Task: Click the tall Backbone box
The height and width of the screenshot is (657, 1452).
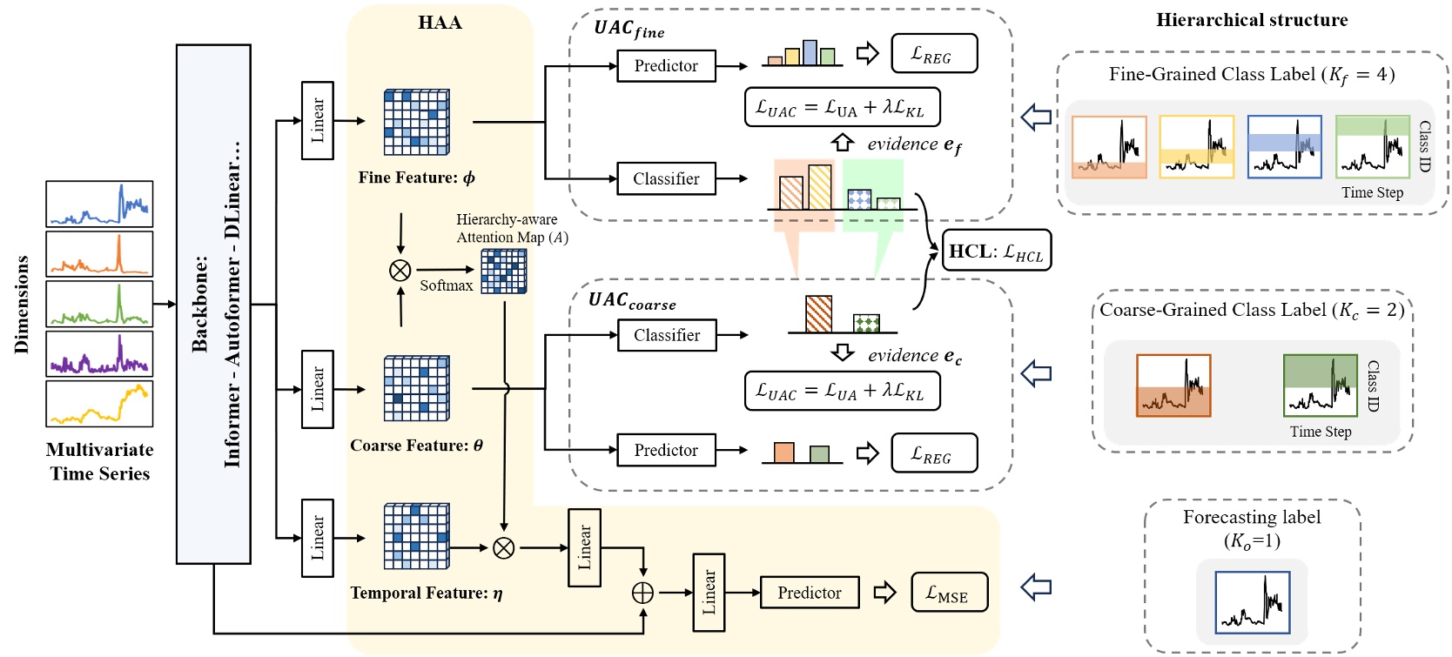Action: coord(213,305)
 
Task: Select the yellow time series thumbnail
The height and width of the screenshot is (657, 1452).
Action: coord(99,404)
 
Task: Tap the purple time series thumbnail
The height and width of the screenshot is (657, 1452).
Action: coord(99,353)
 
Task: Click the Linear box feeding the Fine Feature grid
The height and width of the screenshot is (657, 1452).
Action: coord(317,121)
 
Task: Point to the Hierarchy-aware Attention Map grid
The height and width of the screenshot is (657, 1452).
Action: coord(504,272)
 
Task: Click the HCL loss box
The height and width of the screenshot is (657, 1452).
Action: coord(997,251)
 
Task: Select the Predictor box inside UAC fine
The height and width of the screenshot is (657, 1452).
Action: coord(666,66)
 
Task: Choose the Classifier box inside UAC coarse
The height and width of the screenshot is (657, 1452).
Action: coord(667,335)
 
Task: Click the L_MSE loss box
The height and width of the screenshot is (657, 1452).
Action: coord(949,593)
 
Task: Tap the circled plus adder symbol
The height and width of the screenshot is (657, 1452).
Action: coord(642,593)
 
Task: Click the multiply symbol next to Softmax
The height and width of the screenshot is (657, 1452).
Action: coord(400,271)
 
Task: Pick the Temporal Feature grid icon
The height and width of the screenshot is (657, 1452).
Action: coord(417,536)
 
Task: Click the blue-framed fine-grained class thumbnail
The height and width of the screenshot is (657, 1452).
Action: coord(1284,147)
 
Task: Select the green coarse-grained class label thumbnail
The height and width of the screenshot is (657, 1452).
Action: coord(1320,385)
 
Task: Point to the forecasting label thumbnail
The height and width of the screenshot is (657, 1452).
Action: coord(1252,602)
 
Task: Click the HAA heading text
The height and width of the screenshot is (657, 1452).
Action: coord(440,23)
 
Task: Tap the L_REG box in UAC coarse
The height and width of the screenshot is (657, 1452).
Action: coord(934,453)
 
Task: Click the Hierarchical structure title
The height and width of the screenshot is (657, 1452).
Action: coord(1252,20)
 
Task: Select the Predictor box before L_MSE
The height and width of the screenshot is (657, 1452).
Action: coord(810,593)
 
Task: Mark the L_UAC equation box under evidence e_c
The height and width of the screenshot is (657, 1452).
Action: coord(842,391)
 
